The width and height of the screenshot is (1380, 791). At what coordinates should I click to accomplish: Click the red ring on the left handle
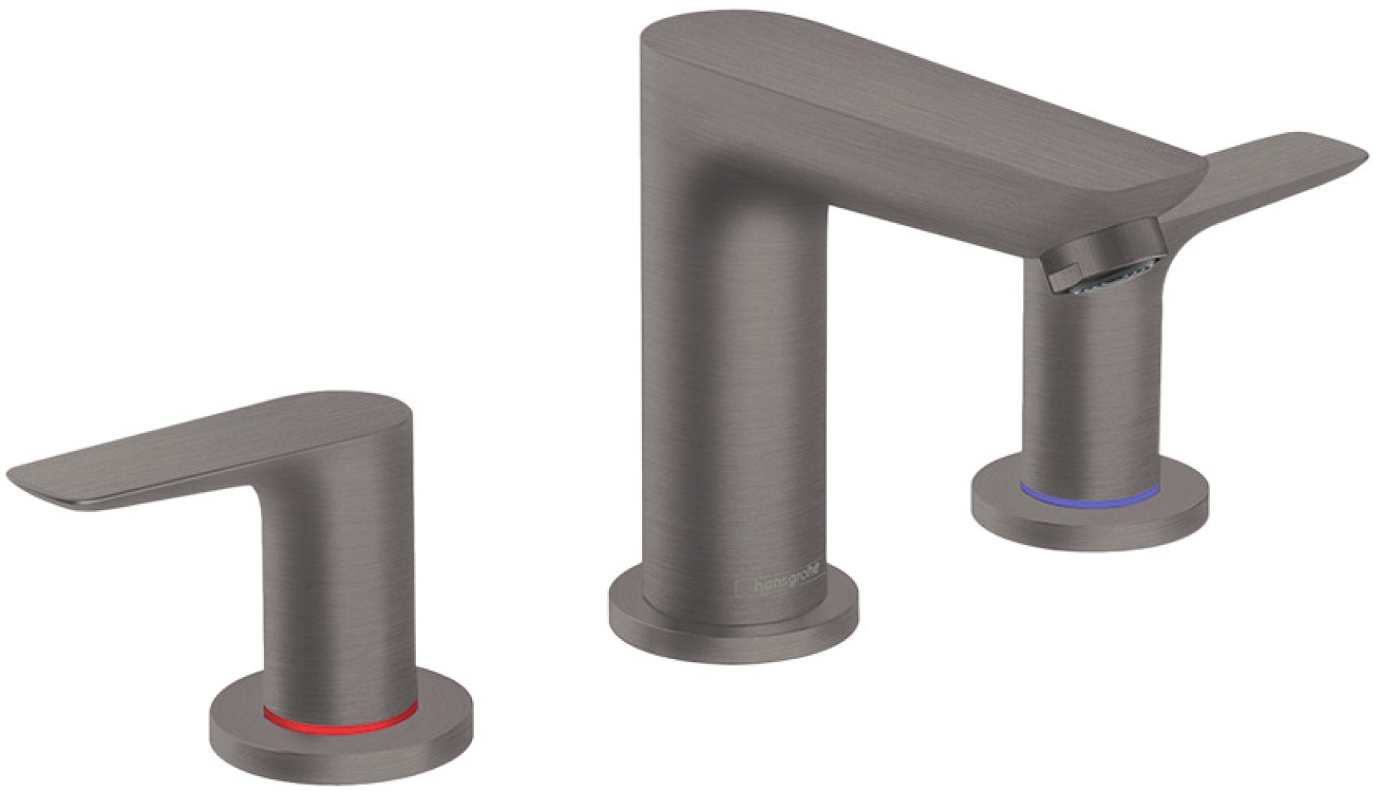[x=340, y=721]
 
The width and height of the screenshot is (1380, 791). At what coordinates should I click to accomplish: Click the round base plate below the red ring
[x=340, y=747]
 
